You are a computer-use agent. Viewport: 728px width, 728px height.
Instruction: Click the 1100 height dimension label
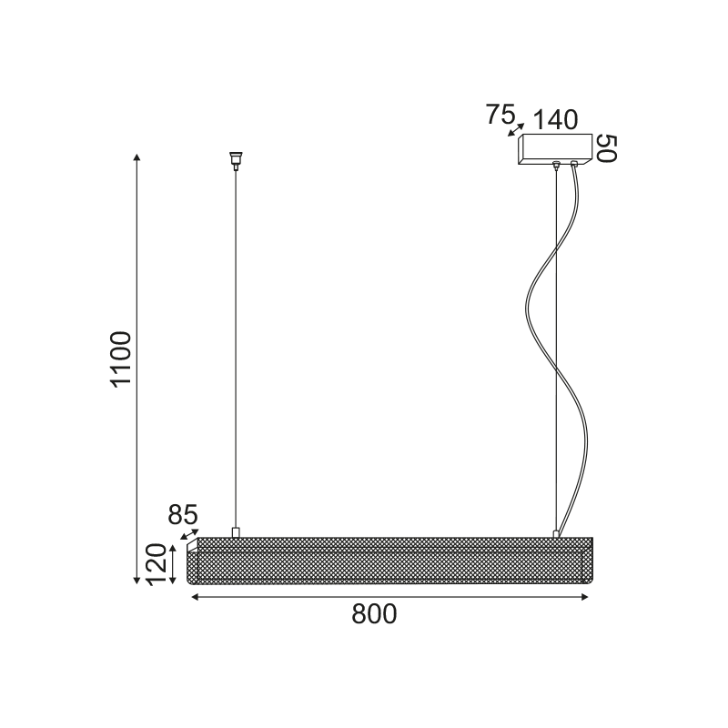click(x=122, y=359)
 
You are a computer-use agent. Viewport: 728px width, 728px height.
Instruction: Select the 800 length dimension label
click(x=375, y=615)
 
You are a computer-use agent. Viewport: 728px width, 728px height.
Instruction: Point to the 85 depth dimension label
click(x=183, y=515)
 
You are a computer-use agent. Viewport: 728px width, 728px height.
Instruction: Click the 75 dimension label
click(x=499, y=115)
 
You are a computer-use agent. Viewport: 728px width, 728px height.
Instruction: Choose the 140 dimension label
click(x=555, y=119)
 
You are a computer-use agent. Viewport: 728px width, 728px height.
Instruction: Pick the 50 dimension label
click(x=607, y=148)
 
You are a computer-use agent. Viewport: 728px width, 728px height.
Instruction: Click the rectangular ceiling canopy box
click(x=556, y=147)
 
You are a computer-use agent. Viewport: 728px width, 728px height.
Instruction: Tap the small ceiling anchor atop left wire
click(x=237, y=158)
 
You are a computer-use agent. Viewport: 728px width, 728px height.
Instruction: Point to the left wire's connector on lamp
click(x=236, y=531)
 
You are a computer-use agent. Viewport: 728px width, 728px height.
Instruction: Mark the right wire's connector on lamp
click(x=556, y=532)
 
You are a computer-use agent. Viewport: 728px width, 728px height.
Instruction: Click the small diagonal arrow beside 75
click(x=516, y=129)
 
